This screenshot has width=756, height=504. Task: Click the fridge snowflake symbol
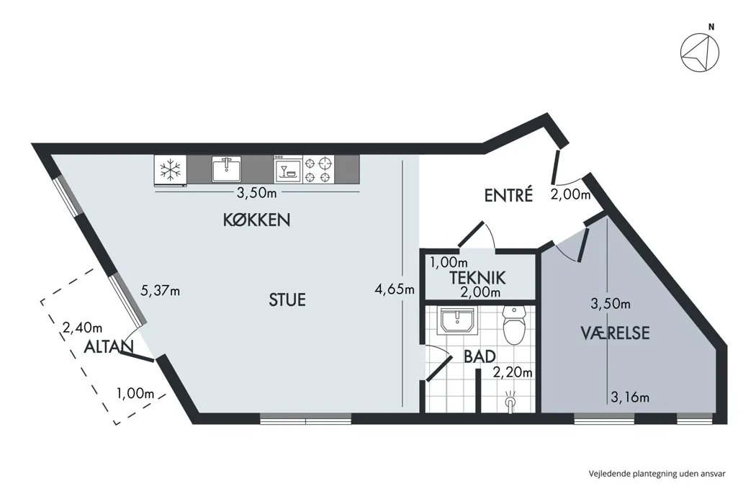click(171, 171)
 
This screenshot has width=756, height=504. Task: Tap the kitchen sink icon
click(228, 170)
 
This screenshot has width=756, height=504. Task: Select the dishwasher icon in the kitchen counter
click(287, 171)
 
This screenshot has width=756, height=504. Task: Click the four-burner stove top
click(318, 171)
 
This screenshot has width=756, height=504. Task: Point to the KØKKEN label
click(256, 220)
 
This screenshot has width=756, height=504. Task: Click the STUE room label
click(286, 300)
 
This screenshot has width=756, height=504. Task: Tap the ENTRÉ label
click(508, 195)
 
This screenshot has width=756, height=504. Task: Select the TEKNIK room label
click(478, 277)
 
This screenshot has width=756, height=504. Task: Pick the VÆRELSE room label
click(616, 333)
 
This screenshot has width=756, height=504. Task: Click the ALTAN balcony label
click(109, 347)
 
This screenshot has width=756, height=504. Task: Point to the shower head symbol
click(510, 400)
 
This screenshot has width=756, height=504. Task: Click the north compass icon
click(701, 53)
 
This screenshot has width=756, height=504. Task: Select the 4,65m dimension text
click(395, 289)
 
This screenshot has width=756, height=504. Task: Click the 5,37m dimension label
click(160, 291)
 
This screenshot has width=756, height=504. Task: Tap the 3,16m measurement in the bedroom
click(630, 397)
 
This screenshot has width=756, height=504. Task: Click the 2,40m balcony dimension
click(83, 328)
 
